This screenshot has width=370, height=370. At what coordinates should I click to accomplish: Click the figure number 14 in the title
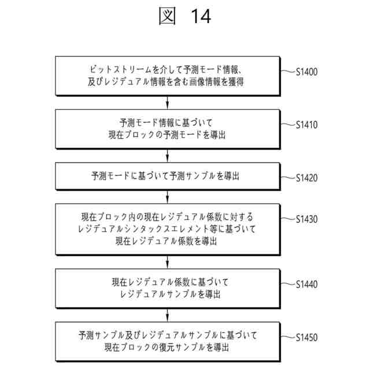tap(199, 17)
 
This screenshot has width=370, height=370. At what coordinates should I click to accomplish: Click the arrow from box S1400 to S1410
tap(168, 102)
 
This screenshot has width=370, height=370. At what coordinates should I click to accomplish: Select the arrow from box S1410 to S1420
tap(168, 155)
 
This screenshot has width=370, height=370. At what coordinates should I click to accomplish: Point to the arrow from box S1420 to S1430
tap(168, 197)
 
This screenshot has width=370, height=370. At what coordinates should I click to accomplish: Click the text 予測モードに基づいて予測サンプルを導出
tap(168, 176)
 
